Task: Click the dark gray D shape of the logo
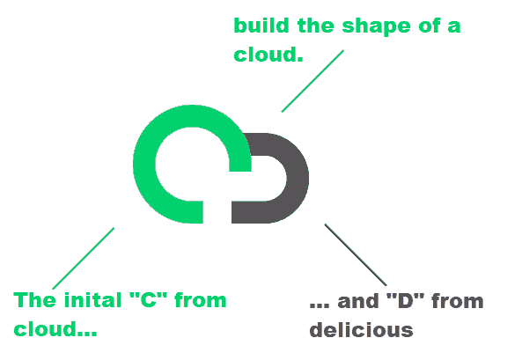(x=297, y=178)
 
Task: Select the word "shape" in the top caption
(x=376, y=26)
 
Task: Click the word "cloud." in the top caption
(x=268, y=55)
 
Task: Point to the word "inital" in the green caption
(x=93, y=300)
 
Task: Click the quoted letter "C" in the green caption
(x=148, y=299)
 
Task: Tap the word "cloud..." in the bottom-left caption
(x=55, y=328)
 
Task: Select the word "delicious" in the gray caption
(x=361, y=330)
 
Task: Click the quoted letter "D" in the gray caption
(x=406, y=301)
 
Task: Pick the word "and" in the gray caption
(x=358, y=301)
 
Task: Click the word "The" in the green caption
(x=34, y=300)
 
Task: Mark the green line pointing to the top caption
(x=312, y=81)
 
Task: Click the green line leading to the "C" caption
(x=84, y=259)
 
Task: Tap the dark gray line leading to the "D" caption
(x=356, y=254)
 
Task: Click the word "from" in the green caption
(x=201, y=300)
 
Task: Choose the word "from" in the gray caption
(x=458, y=301)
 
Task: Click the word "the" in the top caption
(x=316, y=26)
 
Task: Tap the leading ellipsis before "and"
(x=320, y=305)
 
